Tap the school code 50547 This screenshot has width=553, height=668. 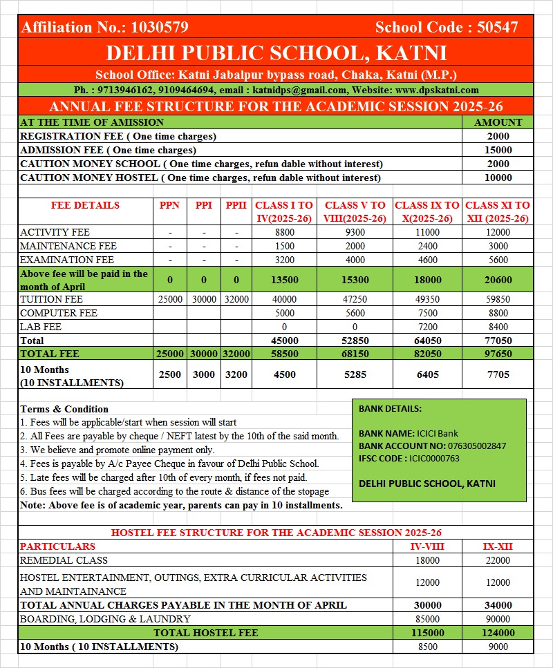coord(494,28)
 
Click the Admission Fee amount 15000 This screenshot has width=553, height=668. coord(498,150)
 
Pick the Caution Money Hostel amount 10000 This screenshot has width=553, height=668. coord(498,178)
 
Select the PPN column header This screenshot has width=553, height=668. coord(169,205)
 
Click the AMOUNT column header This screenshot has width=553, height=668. coord(498,122)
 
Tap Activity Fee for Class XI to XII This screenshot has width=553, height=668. coord(498,233)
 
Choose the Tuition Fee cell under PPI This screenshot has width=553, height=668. coord(204,300)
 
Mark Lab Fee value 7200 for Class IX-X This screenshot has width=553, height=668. coord(427,327)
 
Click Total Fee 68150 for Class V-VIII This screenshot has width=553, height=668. coord(355,354)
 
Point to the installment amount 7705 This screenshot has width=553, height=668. coord(498,375)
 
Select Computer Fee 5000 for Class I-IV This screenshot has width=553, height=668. coord(284,313)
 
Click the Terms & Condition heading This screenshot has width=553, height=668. coord(64,409)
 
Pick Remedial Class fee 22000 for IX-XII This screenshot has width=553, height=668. coord(498,560)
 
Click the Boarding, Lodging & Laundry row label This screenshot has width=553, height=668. coord(105,619)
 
